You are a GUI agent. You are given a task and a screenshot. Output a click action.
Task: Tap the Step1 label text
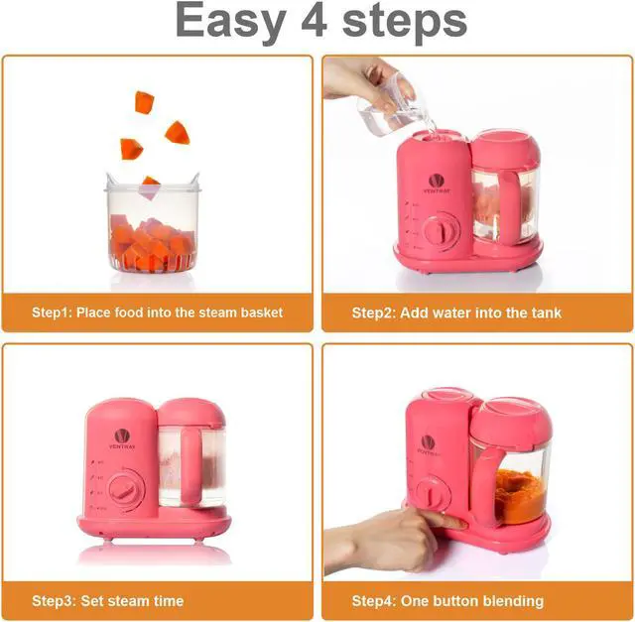click(52, 312)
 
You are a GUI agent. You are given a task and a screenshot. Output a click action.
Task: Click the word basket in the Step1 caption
click(261, 312)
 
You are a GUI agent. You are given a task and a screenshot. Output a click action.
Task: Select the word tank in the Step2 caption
click(545, 312)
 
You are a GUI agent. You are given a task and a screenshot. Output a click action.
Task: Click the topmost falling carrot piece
click(145, 101)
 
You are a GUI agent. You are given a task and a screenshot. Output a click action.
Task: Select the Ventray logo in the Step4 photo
click(428, 443)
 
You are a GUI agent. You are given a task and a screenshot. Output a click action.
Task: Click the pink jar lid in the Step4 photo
click(510, 418)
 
